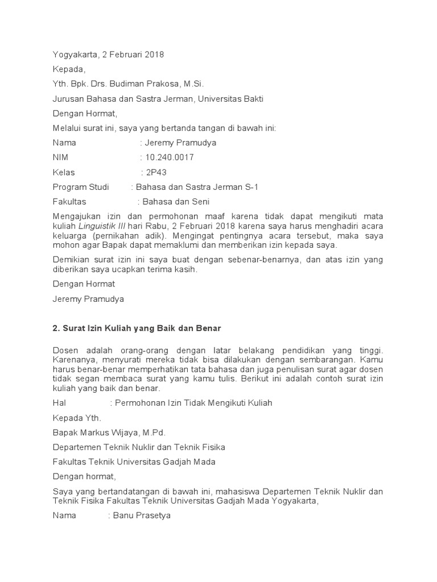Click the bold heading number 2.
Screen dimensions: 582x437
click(56, 329)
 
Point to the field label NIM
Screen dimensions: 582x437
click(60, 157)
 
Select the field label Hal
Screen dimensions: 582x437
click(60, 403)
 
